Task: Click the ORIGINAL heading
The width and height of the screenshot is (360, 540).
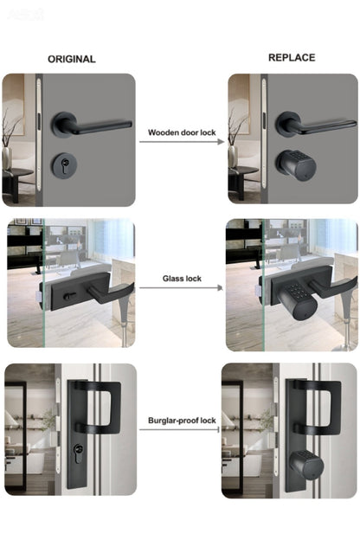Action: (x=72, y=59)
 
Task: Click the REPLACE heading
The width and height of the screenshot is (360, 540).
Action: (x=292, y=57)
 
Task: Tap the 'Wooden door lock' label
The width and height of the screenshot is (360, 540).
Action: (x=182, y=132)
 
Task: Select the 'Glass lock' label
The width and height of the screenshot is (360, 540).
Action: (x=182, y=279)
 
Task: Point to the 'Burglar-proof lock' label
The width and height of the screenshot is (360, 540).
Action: (x=182, y=421)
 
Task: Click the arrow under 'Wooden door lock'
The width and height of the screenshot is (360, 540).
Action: (x=182, y=142)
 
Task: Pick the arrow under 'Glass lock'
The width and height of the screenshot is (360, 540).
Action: (x=181, y=287)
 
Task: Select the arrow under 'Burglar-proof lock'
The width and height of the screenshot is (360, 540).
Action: (x=179, y=429)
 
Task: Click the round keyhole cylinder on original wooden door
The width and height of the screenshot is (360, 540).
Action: (x=64, y=166)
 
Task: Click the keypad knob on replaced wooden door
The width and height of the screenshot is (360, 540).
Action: (x=296, y=164)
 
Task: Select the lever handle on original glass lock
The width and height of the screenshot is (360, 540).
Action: (x=110, y=292)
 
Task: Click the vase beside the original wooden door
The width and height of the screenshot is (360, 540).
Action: (x=7, y=157)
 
